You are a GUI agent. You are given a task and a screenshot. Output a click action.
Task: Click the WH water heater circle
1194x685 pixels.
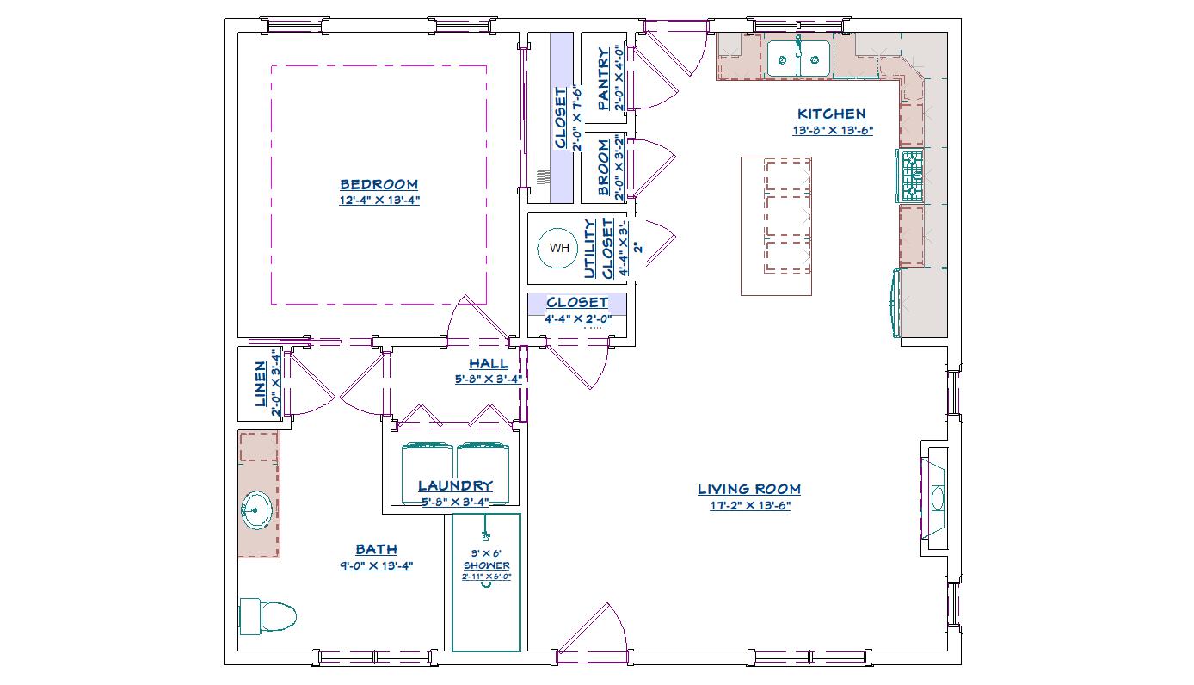point(559,249)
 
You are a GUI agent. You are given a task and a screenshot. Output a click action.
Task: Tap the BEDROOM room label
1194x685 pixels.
point(379,184)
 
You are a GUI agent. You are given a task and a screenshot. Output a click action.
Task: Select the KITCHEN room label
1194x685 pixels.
point(831,114)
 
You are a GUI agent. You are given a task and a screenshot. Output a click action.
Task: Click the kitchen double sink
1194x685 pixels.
point(798,59)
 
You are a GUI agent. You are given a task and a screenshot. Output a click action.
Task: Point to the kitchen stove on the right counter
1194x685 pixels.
point(911,176)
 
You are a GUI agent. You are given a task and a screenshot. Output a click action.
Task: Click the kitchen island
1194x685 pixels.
point(776,226)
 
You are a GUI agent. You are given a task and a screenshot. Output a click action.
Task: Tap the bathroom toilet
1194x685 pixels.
point(268,615)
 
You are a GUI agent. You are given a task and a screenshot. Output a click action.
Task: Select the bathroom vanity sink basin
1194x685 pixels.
point(255,510)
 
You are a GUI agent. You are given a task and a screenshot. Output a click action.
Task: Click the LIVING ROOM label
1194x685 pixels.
point(748,490)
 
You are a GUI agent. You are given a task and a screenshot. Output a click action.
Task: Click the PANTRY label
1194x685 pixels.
point(604,79)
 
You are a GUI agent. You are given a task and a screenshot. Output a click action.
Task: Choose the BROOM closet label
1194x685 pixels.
point(604,168)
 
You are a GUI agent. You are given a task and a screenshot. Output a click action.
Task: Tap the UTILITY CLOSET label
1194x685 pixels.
point(600,249)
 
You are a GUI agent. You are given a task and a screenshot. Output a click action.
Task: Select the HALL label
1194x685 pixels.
point(488,364)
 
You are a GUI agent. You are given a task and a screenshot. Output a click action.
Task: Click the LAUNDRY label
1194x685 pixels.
point(455,486)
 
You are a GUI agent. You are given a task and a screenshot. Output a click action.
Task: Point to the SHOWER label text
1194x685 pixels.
point(486,565)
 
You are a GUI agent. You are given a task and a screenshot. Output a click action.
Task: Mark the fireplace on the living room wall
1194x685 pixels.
point(936,497)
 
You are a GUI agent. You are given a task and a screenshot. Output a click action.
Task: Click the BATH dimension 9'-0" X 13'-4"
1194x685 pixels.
point(376,565)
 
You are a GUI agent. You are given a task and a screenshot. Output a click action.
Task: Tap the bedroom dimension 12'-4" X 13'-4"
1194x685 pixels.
point(379,200)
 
